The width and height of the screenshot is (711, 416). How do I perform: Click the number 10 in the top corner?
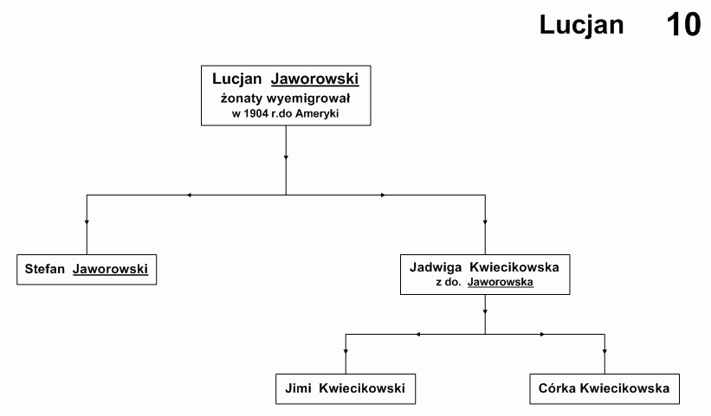pyautogui.click(x=683, y=25)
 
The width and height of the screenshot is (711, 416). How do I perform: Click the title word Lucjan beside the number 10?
pyautogui.click(x=581, y=25)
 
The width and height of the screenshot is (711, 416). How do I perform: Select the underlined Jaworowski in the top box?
pyautogui.click(x=314, y=79)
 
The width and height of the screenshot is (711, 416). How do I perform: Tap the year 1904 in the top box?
pyautogui.click(x=256, y=113)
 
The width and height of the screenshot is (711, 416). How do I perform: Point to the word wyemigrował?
pyautogui.click(x=308, y=99)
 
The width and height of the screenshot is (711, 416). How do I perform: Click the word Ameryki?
pyautogui.click(x=317, y=113)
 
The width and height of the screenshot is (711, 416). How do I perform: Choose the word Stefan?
pyautogui.click(x=44, y=269)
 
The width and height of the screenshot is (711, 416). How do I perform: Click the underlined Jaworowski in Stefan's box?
pyautogui.click(x=110, y=269)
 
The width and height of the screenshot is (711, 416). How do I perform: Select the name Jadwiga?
pyautogui.click(x=436, y=267)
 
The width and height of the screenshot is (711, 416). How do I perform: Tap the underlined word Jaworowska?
pyautogui.click(x=501, y=282)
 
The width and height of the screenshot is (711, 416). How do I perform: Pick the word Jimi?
pyautogui.click(x=298, y=388)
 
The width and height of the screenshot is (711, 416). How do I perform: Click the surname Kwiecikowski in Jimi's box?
pyautogui.click(x=362, y=388)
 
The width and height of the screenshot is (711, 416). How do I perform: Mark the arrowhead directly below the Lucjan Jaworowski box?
pyautogui.click(x=286, y=157)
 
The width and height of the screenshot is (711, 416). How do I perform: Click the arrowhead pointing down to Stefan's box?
pyautogui.click(x=87, y=222)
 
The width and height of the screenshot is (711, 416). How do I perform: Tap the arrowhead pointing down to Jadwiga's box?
pyautogui.click(x=485, y=222)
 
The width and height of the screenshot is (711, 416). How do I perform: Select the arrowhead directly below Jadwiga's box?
pyautogui.click(x=485, y=312)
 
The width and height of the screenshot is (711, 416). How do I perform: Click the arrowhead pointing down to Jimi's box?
pyautogui.click(x=346, y=351)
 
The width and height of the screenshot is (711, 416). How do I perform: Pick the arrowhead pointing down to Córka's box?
pyautogui.click(x=604, y=351)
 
